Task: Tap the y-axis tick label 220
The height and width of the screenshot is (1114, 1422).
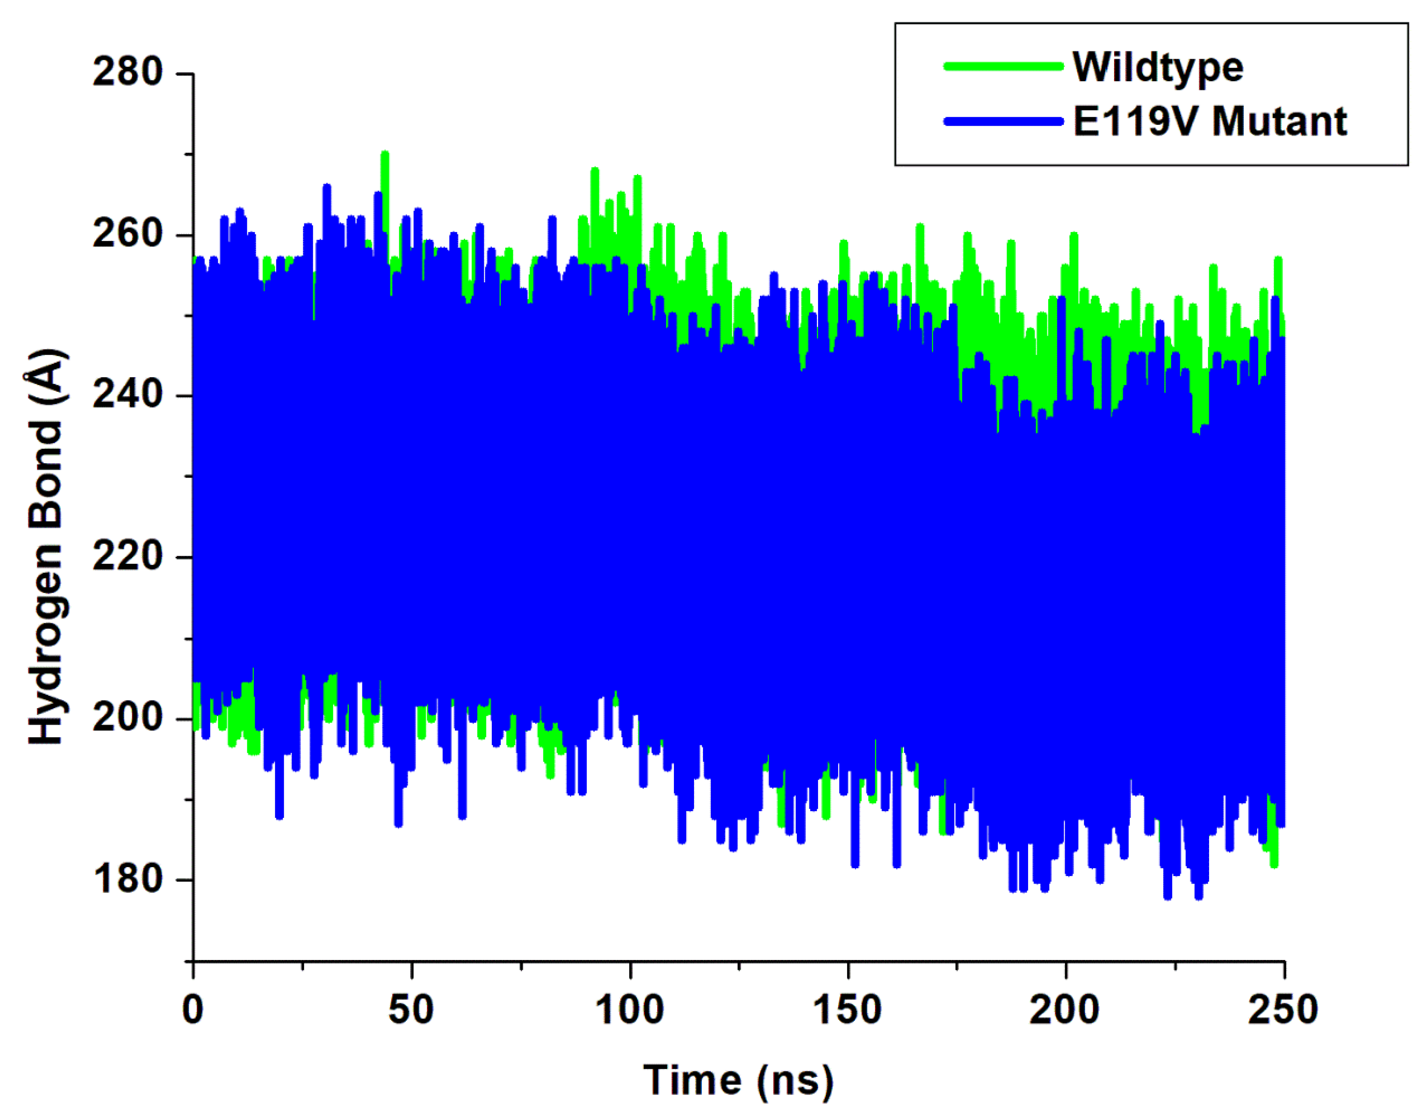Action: point(127,556)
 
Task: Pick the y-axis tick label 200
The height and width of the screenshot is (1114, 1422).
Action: point(127,718)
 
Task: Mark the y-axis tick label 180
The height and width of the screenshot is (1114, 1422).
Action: point(127,879)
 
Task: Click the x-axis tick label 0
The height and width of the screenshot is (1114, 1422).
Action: point(193,1010)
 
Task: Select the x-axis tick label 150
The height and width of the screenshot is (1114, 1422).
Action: point(848,1010)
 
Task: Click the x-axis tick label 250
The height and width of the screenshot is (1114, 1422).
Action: point(1283,1010)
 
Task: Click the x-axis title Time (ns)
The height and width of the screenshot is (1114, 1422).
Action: point(739,1081)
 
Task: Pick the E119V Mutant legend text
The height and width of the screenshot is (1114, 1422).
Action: point(1210,121)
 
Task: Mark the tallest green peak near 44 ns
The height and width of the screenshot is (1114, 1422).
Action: point(385,153)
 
